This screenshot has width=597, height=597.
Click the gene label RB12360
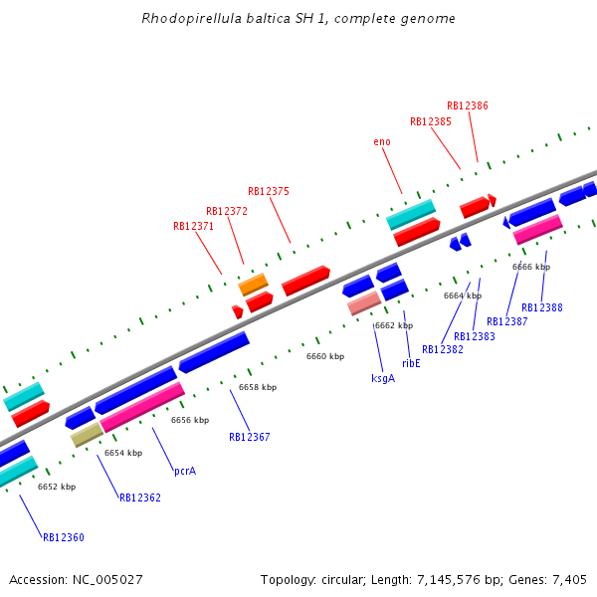tap(63, 537)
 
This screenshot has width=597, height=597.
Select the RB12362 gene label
tap(140, 497)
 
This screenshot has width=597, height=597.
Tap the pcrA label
tap(185, 471)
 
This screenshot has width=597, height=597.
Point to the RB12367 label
tap(250, 437)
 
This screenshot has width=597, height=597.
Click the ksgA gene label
tap(383, 378)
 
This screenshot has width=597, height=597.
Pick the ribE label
tap(411, 363)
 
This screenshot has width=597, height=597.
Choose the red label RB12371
tap(194, 226)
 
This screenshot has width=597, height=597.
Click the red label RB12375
tap(269, 191)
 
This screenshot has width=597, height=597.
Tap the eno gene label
tap(382, 141)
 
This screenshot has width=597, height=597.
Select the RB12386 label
tap(468, 104)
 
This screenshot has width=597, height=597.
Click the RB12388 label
tap(542, 307)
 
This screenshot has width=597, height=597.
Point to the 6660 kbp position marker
tap(325, 356)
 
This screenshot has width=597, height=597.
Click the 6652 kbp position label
tap(57, 487)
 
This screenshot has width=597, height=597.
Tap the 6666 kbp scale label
tap(531, 267)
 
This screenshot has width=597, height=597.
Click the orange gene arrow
tap(254, 285)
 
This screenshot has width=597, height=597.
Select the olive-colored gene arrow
tap(87, 434)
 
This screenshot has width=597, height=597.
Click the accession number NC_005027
tap(108, 579)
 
